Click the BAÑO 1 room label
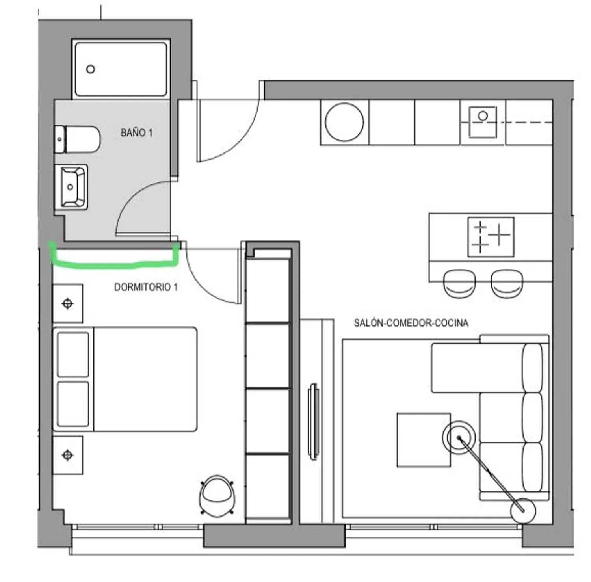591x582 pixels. [x=136, y=133]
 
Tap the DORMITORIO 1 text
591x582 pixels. [x=146, y=287]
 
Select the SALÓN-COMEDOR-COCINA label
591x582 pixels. [x=411, y=323]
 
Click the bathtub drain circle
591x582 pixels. [x=91, y=69]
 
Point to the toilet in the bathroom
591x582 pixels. [x=77, y=139]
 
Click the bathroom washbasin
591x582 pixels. [x=74, y=187]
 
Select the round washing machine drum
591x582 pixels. [x=344, y=122]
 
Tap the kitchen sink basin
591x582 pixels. [x=483, y=122]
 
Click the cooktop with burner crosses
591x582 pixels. [x=491, y=237]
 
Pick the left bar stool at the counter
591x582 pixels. [x=459, y=283]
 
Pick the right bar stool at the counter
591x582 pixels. [x=507, y=283]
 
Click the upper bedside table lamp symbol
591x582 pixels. [x=68, y=303]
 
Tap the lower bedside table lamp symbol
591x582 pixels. [x=68, y=455]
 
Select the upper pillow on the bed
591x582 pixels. [x=73, y=355]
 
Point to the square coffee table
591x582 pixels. [x=424, y=440]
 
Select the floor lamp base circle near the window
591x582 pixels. [x=523, y=511]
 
